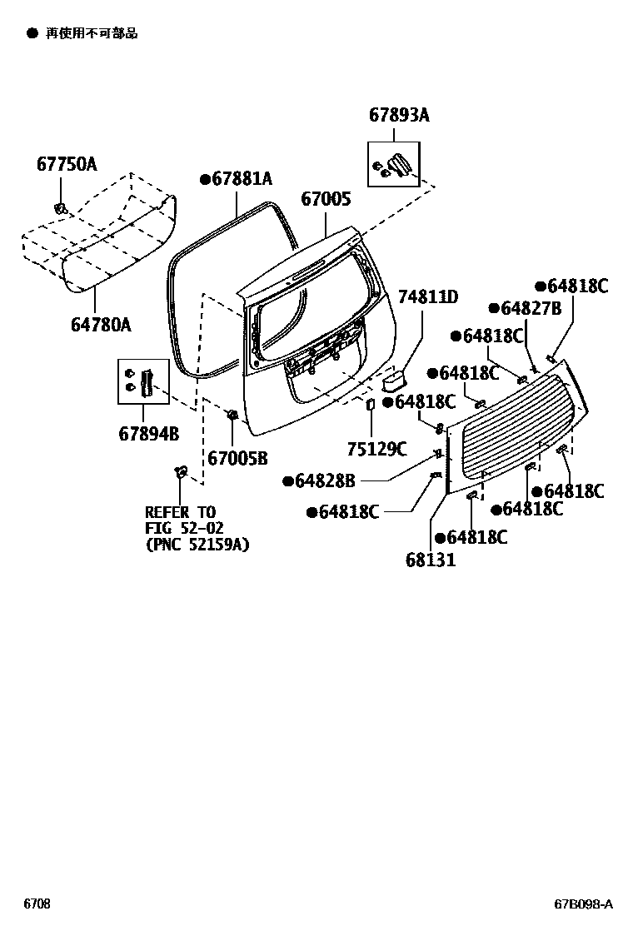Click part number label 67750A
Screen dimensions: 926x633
coord(66,164)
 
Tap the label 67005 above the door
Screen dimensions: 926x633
coord(326,199)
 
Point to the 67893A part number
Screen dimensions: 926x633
coord(399,116)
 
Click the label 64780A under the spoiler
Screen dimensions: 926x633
coord(101,325)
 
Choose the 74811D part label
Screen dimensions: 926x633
coord(428,297)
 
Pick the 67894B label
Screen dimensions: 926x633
coord(149,434)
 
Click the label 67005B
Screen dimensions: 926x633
coord(237,457)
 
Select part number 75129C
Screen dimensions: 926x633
coord(376,450)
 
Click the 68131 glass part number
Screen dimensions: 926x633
coord(431,560)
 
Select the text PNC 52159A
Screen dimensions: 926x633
coord(197,545)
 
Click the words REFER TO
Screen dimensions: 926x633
coord(180,512)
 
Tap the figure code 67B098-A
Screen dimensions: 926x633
coord(584,904)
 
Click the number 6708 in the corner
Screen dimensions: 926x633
coord(36,904)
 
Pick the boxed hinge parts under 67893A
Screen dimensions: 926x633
coord(393,163)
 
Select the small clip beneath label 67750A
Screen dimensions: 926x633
coord(60,207)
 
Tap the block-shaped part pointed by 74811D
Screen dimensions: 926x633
coord(393,381)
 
